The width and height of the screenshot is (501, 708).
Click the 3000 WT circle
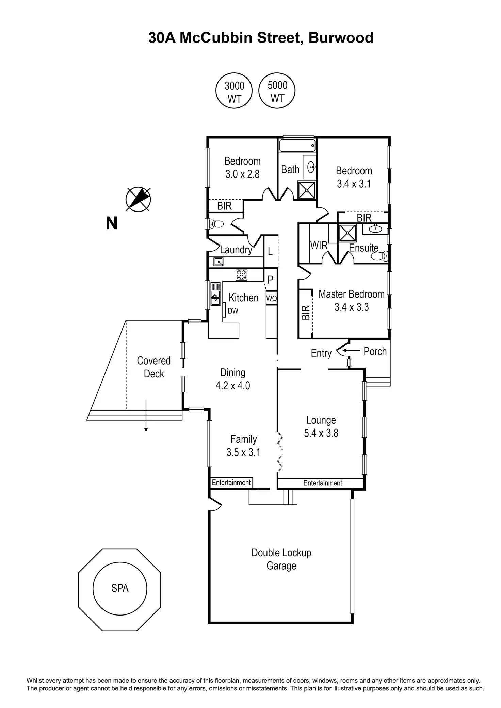click(234, 92)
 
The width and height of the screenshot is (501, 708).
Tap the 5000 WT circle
click(277, 91)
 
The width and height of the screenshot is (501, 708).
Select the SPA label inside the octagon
click(120, 588)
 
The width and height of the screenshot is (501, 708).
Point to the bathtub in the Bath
click(297, 147)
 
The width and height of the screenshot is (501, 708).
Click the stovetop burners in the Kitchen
click(242, 275)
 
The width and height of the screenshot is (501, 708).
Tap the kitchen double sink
click(215, 294)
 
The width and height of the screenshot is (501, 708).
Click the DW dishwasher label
click(233, 310)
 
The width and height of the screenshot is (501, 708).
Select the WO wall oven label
click(271, 299)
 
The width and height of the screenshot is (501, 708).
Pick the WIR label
click(319, 245)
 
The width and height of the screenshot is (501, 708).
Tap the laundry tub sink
click(218, 262)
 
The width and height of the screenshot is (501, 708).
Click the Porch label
click(375, 351)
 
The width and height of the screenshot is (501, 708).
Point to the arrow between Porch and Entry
click(351, 350)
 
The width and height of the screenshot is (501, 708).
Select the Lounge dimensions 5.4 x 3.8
click(321, 433)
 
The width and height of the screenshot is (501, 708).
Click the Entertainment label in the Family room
click(231, 482)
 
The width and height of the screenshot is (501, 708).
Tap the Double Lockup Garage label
click(281, 559)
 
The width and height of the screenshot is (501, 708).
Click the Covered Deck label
click(154, 367)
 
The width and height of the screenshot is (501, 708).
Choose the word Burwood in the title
click(341, 38)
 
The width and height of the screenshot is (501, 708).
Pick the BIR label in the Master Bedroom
click(306, 313)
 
